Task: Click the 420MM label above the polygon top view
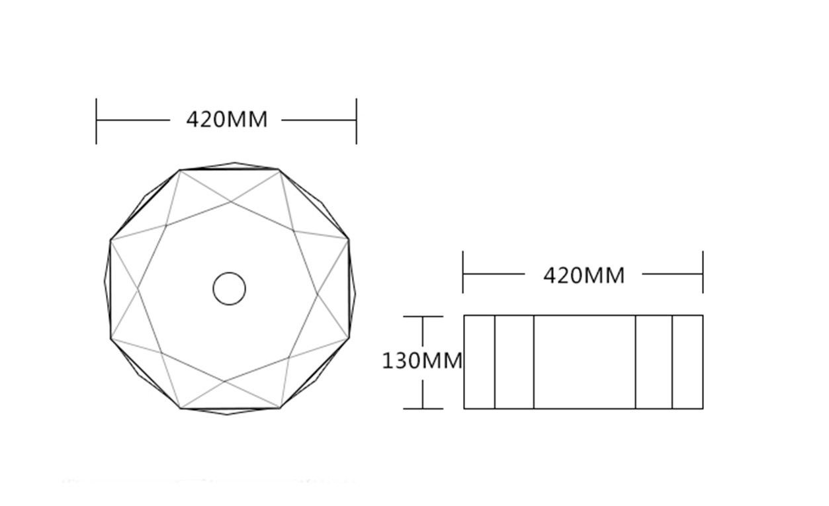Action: click(226, 120)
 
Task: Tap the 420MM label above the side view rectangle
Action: click(584, 276)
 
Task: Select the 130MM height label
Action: click(422, 360)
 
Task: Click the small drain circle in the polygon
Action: click(229, 288)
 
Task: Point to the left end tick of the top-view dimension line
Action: click(96, 121)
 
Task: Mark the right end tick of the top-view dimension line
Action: click(357, 121)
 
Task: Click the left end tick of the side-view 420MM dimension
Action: click(462, 272)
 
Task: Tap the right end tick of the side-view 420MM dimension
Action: click(703, 272)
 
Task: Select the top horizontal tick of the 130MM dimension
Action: click(423, 316)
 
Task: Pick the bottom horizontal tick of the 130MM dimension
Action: click(423, 409)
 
